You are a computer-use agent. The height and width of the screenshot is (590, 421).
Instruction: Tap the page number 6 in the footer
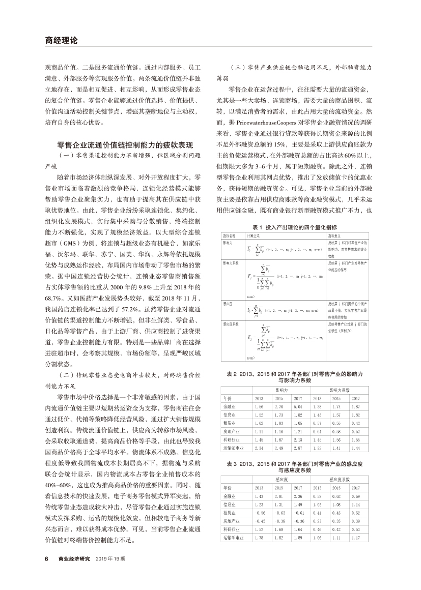tap(46, 558)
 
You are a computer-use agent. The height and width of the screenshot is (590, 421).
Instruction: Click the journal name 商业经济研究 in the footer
tap(74, 558)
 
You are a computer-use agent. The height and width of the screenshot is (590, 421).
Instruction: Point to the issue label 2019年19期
tap(110, 558)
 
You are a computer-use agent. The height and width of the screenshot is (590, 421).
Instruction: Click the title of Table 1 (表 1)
tap(288, 227)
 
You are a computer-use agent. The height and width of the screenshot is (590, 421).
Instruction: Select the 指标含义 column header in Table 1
tap(333, 236)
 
